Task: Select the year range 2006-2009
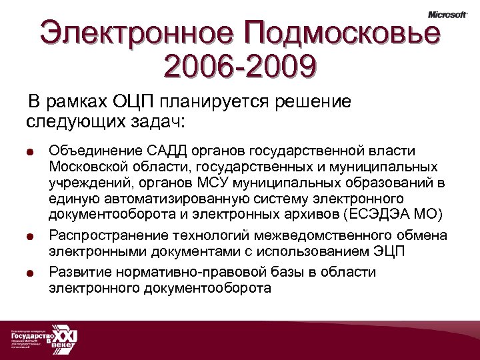click(239, 67)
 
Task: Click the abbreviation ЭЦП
click(389, 252)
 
